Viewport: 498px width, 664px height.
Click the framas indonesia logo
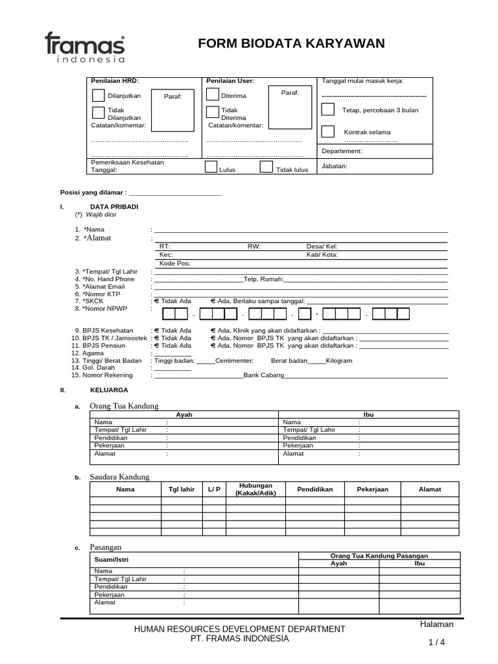pos(84,47)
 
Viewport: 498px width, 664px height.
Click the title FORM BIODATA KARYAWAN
pos(291,43)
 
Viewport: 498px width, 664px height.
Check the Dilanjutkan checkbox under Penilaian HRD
pos(99,95)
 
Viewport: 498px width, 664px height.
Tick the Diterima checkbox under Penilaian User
pos(212,95)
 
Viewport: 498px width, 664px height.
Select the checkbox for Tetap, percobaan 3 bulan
pos(329,109)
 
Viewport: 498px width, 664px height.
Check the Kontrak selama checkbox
pos(329,132)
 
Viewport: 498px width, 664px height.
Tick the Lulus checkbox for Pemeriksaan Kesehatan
pos(211,167)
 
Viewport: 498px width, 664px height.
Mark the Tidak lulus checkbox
pos(266,167)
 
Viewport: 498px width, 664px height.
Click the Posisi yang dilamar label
pos(94,193)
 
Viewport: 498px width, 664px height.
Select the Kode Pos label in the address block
pos(175,263)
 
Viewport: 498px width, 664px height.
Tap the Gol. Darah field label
pos(102,367)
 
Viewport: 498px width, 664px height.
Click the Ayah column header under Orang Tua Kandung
pos(184,414)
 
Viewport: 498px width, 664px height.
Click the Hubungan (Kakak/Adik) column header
pos(255,490)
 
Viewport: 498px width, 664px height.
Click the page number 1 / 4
pos(436,642)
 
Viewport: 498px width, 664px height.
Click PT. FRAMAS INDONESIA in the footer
pos(239,639)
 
